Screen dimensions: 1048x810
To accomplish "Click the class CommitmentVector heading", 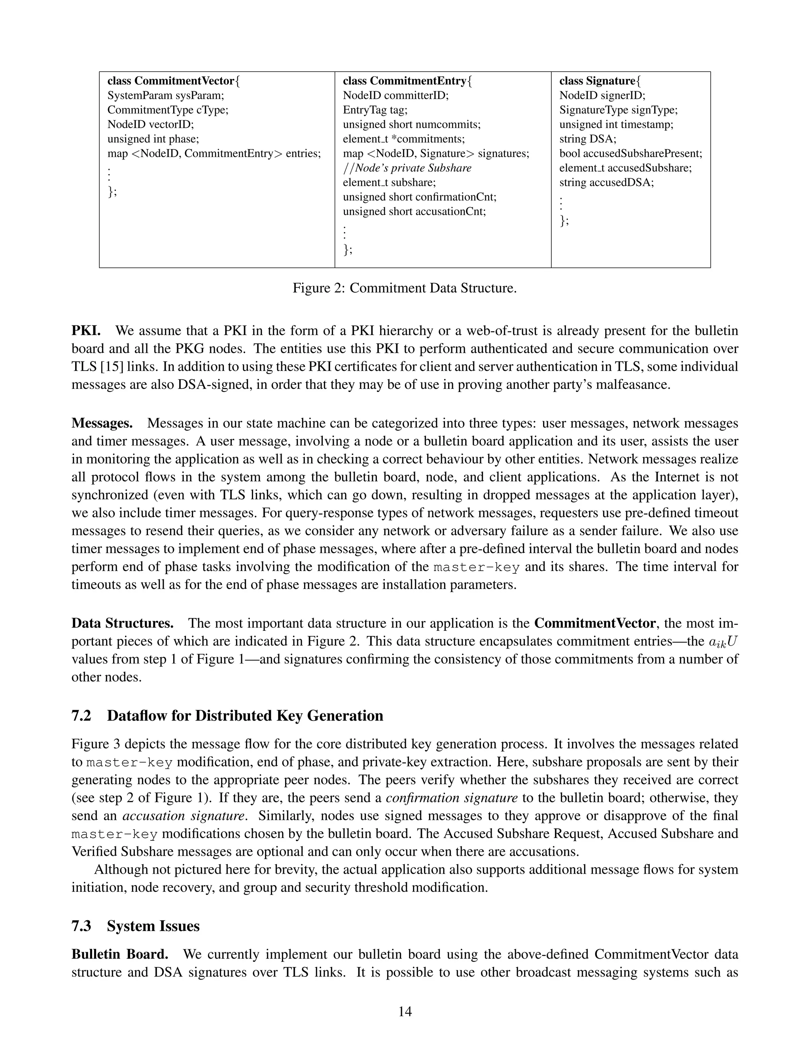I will coord(173,81).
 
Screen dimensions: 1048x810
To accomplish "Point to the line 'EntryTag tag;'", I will coord(375,110).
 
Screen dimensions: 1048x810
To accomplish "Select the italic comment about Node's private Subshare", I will coord(407,168).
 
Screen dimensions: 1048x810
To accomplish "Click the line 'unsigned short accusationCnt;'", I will coord(414,211).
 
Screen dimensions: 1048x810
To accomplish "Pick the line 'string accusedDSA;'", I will coord(606,182).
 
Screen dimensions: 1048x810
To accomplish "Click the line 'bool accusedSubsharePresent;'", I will coord(630,153).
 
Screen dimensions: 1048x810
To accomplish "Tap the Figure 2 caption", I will coord(405,288).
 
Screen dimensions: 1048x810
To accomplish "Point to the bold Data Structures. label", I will coord(122,623).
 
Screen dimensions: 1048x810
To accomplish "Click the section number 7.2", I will coord(81,716).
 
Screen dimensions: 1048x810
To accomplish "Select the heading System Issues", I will coord(153,926).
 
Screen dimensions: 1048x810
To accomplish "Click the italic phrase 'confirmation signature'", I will coord(452,798).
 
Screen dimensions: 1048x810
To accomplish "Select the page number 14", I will coord(405,1012).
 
